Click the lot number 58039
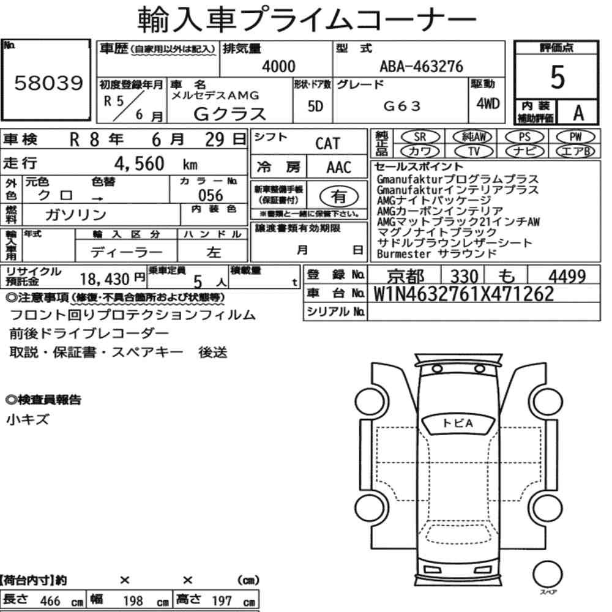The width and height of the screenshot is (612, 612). [49, 83]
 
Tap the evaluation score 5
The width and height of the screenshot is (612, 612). [558, 77]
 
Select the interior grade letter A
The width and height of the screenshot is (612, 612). [578, 113]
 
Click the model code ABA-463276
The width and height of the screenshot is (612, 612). [422, 66]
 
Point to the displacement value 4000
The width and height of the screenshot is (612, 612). [278, 66]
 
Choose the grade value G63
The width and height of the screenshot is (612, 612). [402, 106]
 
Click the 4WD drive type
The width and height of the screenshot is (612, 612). [488, 103]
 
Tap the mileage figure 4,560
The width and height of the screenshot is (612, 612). [140, 163]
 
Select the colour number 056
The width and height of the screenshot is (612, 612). [211, 195]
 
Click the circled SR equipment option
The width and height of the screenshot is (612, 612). [420, 137]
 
